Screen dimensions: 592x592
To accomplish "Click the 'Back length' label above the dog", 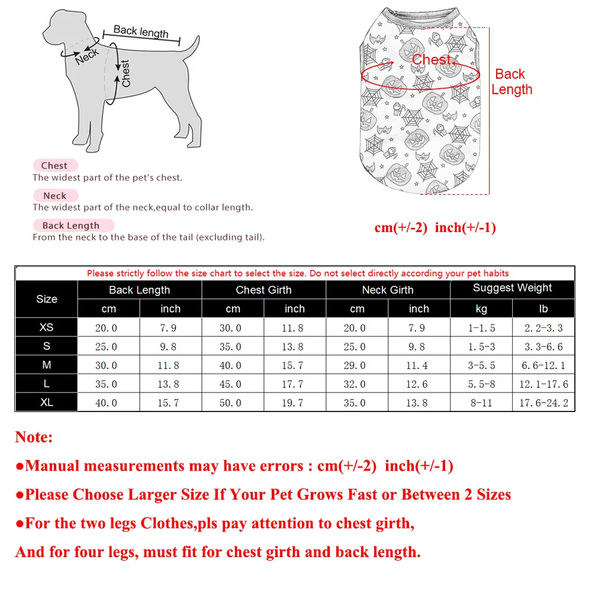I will pos(141,31).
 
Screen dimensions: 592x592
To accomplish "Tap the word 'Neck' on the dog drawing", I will pos(86,57).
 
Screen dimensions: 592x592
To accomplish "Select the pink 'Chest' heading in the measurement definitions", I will pos(54,166).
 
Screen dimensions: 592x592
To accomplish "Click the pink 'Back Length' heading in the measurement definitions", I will pos(71,226).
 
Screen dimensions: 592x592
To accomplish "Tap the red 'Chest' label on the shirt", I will pos(432,60).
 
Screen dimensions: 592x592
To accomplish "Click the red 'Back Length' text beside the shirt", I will pos(511,82).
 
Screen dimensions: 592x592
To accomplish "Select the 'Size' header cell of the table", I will pos(47,299).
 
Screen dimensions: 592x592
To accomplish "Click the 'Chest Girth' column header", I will pos(263,290).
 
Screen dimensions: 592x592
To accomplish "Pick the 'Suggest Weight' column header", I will pos(512,288).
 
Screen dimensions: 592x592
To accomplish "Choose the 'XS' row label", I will pos(47,327).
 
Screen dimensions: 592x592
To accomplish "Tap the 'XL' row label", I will pos(47,403).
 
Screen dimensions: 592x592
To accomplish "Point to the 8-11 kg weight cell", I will pos(481,403).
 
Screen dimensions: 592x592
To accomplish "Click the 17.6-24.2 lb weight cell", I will pos(543,403).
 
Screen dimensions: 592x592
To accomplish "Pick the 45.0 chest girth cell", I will pos(231,384).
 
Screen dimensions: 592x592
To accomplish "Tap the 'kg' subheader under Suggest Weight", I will pos(481,309).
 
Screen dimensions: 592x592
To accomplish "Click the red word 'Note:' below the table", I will pos(34,437).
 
